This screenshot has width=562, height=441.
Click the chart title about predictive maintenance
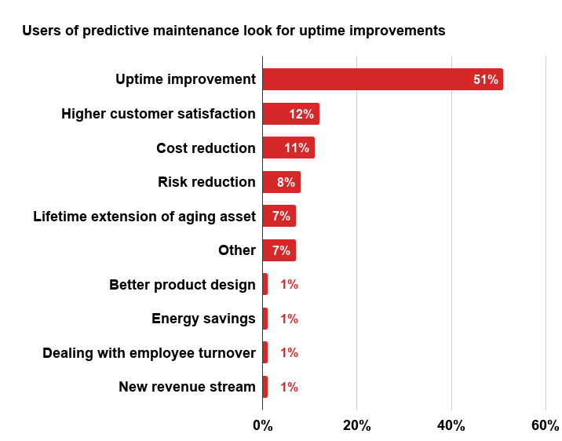pos(234,31)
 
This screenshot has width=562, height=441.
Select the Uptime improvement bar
pos(383,79)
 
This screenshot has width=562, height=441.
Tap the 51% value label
pos(486,79)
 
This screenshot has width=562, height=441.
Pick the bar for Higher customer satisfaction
pos(291,114)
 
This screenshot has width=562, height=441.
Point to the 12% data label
pos(301,114)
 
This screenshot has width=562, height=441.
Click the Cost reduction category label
pos(206,148)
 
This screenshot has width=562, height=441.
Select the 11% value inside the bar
pos(297,148)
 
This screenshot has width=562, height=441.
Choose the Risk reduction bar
pos(281,182)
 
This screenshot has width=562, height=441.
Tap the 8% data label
pos(286,182)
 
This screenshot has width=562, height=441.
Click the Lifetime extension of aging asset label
pos(144,217)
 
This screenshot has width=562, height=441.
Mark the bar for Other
pos(279,250)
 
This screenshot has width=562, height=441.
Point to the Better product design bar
pos(265,284)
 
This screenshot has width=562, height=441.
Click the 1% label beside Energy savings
pos(290,319)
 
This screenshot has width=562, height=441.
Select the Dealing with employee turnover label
pos(149,353)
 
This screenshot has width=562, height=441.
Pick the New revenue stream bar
pos(265,387)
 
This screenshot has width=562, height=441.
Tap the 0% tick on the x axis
pos(263,425)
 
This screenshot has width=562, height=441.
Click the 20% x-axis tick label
pos(357,425)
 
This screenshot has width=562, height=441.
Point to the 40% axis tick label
pos(451,425)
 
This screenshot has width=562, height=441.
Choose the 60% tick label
pos(546,425)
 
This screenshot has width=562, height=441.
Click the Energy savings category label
pos(203,319)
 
